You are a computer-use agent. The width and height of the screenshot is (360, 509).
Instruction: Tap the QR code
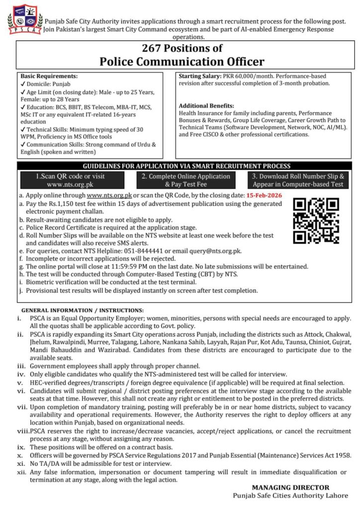(316, 220)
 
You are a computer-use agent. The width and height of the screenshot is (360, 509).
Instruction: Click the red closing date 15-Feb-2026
(264, 195)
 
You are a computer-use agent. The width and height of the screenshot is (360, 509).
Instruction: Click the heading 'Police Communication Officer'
(181, 61)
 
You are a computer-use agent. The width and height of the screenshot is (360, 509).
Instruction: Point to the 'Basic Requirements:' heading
(49, 77)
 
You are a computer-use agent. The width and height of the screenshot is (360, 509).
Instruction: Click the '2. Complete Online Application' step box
(185, 180)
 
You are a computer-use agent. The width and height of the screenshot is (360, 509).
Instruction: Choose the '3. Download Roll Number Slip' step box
(298, 180)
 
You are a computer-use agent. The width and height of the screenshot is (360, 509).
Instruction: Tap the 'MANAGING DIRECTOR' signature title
(290, 488)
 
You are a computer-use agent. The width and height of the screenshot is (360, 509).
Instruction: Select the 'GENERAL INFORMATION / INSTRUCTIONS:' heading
(83, 310)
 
